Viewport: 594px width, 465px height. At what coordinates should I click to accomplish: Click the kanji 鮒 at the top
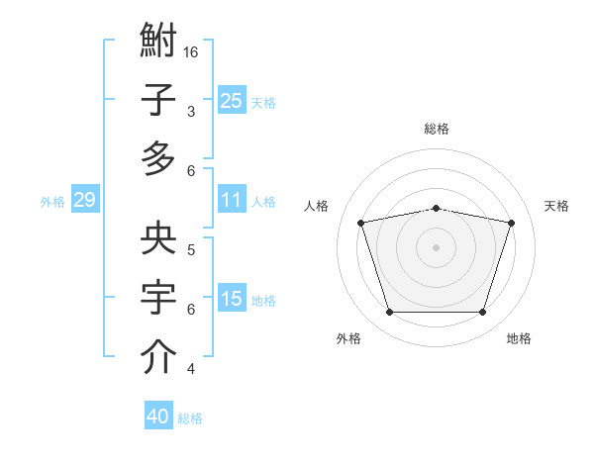click(x=158, y=40)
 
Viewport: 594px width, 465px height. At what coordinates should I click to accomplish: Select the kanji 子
click(x=158, y=99)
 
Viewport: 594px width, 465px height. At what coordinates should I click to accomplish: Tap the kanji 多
click(x=158, y=158)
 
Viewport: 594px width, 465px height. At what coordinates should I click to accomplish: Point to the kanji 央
click(x=158, y=237)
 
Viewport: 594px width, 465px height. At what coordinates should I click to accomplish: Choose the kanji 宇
click(x=158, y=297)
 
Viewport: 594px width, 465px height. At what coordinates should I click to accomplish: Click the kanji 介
click(x=158, y=356)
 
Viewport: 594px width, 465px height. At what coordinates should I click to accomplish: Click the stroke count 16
click(x=190, y=52)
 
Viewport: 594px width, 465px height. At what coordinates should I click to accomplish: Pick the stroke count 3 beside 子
click(x=191, y=112)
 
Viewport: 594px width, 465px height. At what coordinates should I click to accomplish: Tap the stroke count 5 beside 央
click(x=191, y=250)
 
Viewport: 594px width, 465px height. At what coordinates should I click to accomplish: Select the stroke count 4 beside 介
click(x=191, y=369)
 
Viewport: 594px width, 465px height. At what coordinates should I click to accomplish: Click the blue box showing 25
click(x=232, y=100)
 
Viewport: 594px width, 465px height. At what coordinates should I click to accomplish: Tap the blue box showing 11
click(x=232, y=199)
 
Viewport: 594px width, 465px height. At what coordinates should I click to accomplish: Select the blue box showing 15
click(x=232, y=297)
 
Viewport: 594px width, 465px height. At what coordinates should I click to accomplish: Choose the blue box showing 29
click(x=85, y=199)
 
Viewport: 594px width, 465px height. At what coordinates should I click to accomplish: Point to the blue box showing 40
click(x=158, y=415)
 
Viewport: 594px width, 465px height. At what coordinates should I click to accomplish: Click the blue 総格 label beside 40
click(x=190, y=418)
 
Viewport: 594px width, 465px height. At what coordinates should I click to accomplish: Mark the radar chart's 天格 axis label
click(x=556, y=206)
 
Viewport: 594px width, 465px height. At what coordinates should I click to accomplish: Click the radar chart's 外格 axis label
click(x=348, y=338)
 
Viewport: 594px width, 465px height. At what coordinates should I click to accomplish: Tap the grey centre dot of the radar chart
click(x=436, y=247)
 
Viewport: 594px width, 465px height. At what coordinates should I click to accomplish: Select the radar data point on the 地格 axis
click(x=482, y=312)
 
